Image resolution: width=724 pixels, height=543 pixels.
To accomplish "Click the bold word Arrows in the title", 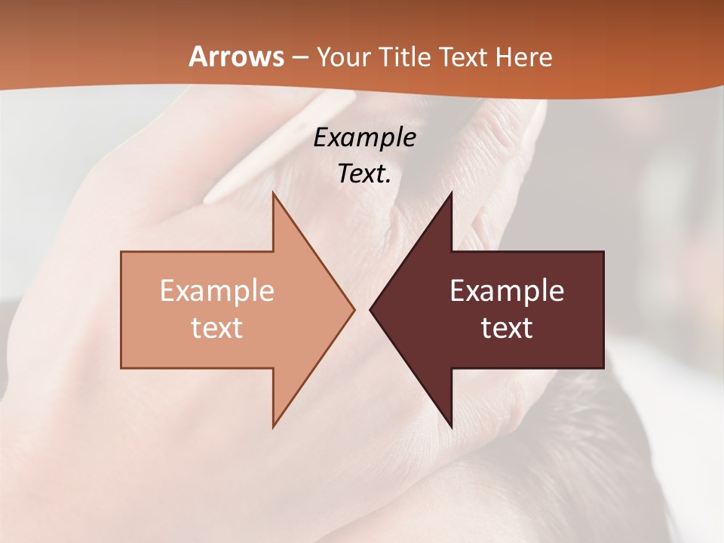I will (236, 57).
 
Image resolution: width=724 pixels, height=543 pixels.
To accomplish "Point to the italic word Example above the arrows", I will (364, 138).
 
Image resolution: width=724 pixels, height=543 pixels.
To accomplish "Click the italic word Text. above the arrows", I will (364, 174).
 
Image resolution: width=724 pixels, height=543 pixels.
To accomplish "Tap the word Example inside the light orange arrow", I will (216, 291).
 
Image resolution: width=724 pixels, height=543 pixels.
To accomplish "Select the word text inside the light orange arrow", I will (216, 327).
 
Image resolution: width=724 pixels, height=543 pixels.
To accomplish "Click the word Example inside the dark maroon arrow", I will (507, 291).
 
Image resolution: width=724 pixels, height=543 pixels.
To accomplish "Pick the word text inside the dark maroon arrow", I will (507, 327).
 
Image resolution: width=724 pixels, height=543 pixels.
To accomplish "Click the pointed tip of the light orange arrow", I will (354, 309).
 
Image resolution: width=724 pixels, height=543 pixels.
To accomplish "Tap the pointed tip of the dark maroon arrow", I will (371, 309).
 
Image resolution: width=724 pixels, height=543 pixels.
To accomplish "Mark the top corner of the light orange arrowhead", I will (273, 194).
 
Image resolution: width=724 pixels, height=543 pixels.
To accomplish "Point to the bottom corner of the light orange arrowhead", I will (273, 425).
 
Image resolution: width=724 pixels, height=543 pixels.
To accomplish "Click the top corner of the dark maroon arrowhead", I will (451, 194).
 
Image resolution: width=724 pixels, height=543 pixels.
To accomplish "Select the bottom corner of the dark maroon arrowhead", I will (451, 425).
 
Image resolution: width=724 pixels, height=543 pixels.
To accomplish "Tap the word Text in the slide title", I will (465, 57).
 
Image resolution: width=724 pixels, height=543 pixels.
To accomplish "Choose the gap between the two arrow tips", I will (362, 309).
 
